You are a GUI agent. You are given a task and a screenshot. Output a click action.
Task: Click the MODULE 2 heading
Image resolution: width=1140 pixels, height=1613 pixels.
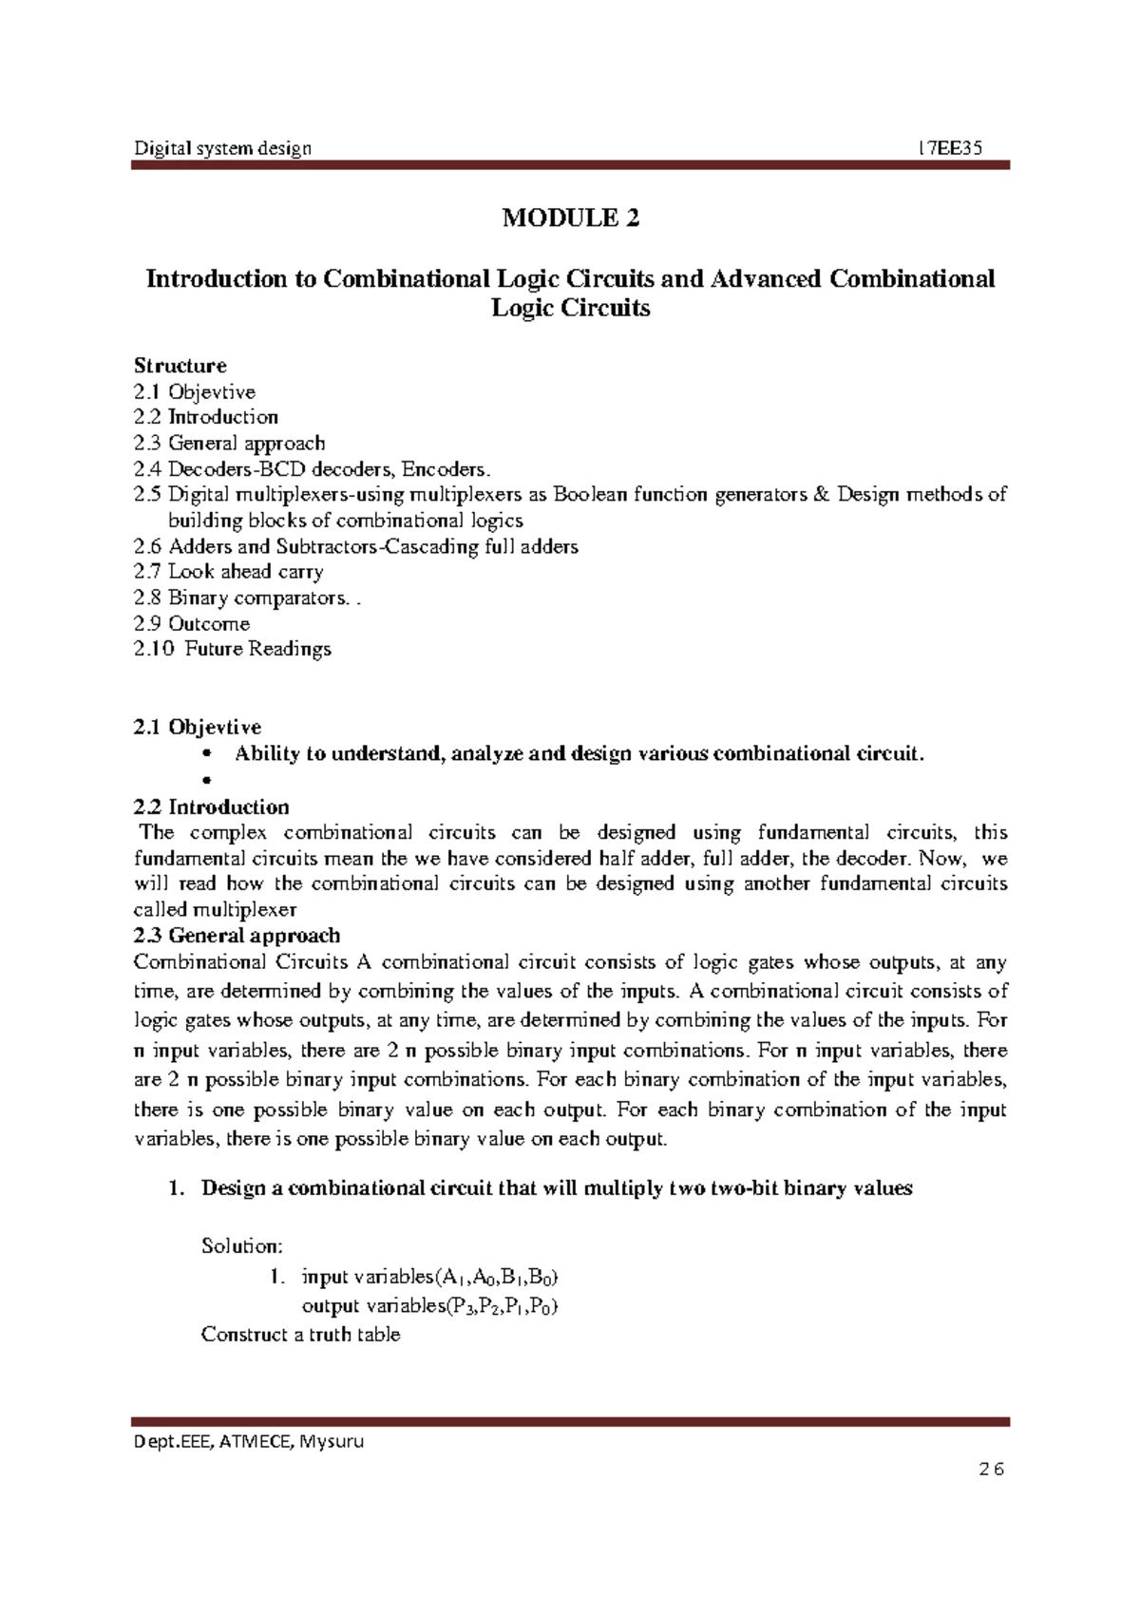tap(570, 218)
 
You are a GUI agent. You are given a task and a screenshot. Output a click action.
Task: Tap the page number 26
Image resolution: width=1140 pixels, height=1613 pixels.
tap(991, 1470)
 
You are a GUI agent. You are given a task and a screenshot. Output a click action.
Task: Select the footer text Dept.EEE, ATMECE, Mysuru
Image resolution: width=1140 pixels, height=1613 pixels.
tap(249, 1441)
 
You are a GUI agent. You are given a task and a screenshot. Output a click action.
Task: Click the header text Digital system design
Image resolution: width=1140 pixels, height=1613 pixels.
tap(222, 148)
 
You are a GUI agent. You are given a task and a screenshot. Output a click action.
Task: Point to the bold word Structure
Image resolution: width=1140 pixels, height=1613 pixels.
tap(180, 366)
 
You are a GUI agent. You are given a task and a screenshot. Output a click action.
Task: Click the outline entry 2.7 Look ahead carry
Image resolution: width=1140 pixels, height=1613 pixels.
tap(229, 572)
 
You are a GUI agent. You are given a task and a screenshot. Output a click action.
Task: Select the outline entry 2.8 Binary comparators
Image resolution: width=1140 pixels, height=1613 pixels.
tap(240, 598)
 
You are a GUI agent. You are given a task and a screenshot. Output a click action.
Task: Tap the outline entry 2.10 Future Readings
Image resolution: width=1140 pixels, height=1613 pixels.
tap(233, 650)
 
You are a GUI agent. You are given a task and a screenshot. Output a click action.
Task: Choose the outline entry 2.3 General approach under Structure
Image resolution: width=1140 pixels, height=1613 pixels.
tap(230, 444)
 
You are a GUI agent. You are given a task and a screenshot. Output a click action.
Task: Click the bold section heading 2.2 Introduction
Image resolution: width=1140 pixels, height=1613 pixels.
tap(212, 807)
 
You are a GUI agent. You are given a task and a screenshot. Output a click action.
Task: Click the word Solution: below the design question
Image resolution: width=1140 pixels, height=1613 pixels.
tap(242, 1245)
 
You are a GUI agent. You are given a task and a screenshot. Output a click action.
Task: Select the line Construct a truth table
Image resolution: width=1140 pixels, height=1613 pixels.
tap(300, 1335)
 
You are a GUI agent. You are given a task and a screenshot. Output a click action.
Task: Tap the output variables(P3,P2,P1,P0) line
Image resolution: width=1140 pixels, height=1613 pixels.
tap(429, 1307)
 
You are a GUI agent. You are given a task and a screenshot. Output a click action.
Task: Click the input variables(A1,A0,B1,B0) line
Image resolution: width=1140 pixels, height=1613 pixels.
tap(423, 1278)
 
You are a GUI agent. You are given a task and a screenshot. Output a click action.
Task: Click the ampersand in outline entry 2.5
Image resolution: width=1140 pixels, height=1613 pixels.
tap(823, 495)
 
